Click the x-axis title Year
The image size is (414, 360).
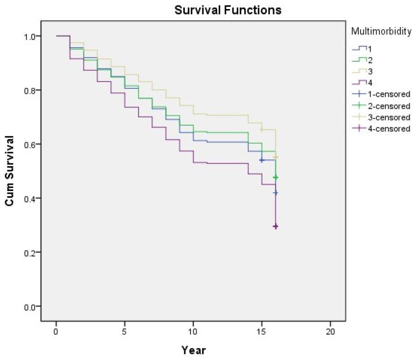193,350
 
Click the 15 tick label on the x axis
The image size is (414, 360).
261,330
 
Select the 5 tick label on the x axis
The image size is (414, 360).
124,330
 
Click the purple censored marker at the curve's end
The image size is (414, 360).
275,227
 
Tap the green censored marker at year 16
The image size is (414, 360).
275,177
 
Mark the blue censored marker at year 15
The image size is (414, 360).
262,161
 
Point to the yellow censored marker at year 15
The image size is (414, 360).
262,130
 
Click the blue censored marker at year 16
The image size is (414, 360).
275,193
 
